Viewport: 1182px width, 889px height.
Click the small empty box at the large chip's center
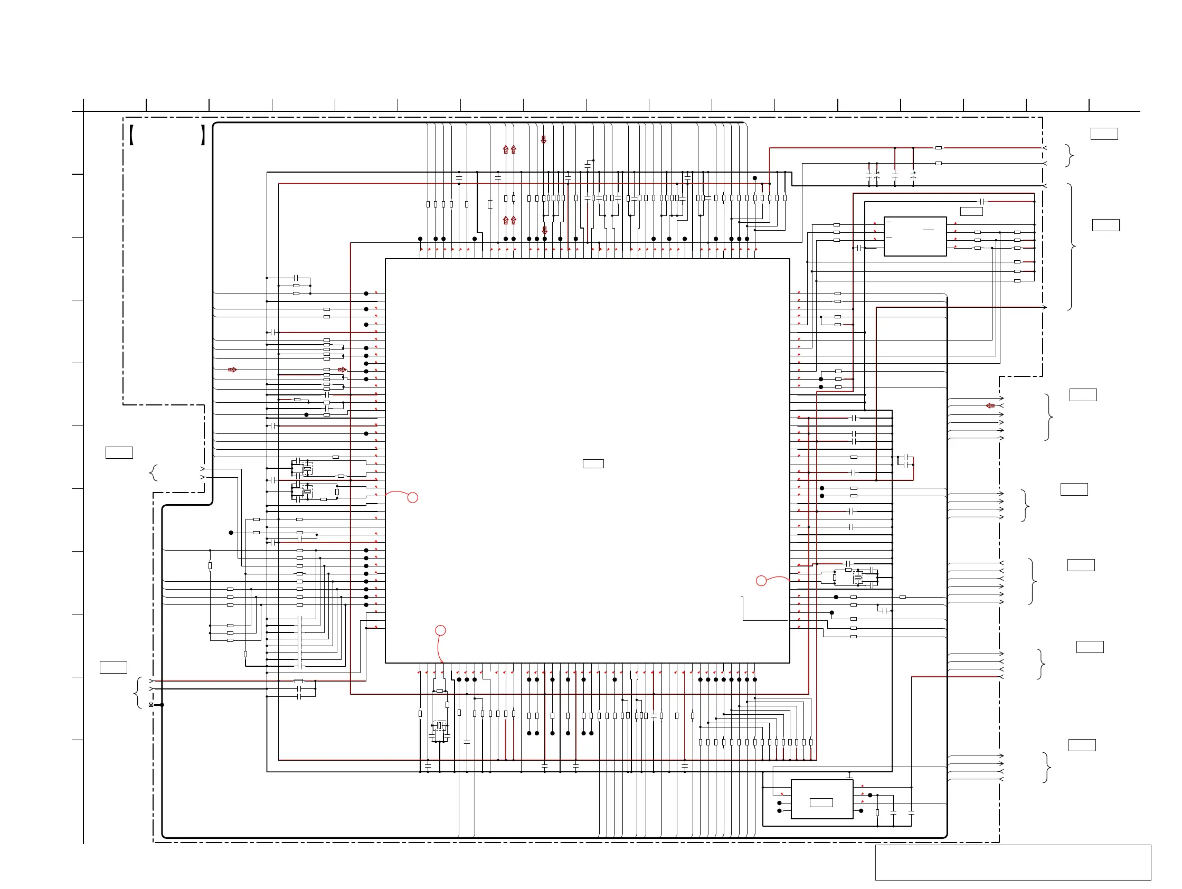pos(593,464)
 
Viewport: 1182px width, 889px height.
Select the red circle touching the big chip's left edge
pos(412,497)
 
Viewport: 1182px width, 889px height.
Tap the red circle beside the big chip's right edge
pos(761,581)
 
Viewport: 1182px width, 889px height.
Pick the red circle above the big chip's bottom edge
pos(440,630)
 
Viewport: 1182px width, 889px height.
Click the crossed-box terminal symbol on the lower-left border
pos(151,705)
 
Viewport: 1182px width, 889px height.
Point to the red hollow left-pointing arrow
pos(990,405)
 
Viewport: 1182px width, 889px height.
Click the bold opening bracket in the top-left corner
pos(131,135)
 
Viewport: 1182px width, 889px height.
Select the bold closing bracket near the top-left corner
pos(203,135)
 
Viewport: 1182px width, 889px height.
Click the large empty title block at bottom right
pos(1013,862)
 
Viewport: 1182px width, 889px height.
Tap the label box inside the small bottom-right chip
pos(821,802)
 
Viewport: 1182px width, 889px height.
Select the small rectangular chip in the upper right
pos(915,236)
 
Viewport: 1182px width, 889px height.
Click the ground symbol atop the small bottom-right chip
pos(849,775)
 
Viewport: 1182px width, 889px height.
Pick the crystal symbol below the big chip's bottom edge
pos(440,726)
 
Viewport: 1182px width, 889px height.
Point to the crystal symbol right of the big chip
pos(858,578)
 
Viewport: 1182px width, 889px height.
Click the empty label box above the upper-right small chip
pos(971,211)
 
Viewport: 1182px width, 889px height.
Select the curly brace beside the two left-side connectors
pos(154,473)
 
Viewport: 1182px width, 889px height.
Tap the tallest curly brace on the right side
pos(1071,247)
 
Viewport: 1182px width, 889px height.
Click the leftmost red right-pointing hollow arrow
pos(232,370)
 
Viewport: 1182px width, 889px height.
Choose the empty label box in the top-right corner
pos(1104,134)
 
